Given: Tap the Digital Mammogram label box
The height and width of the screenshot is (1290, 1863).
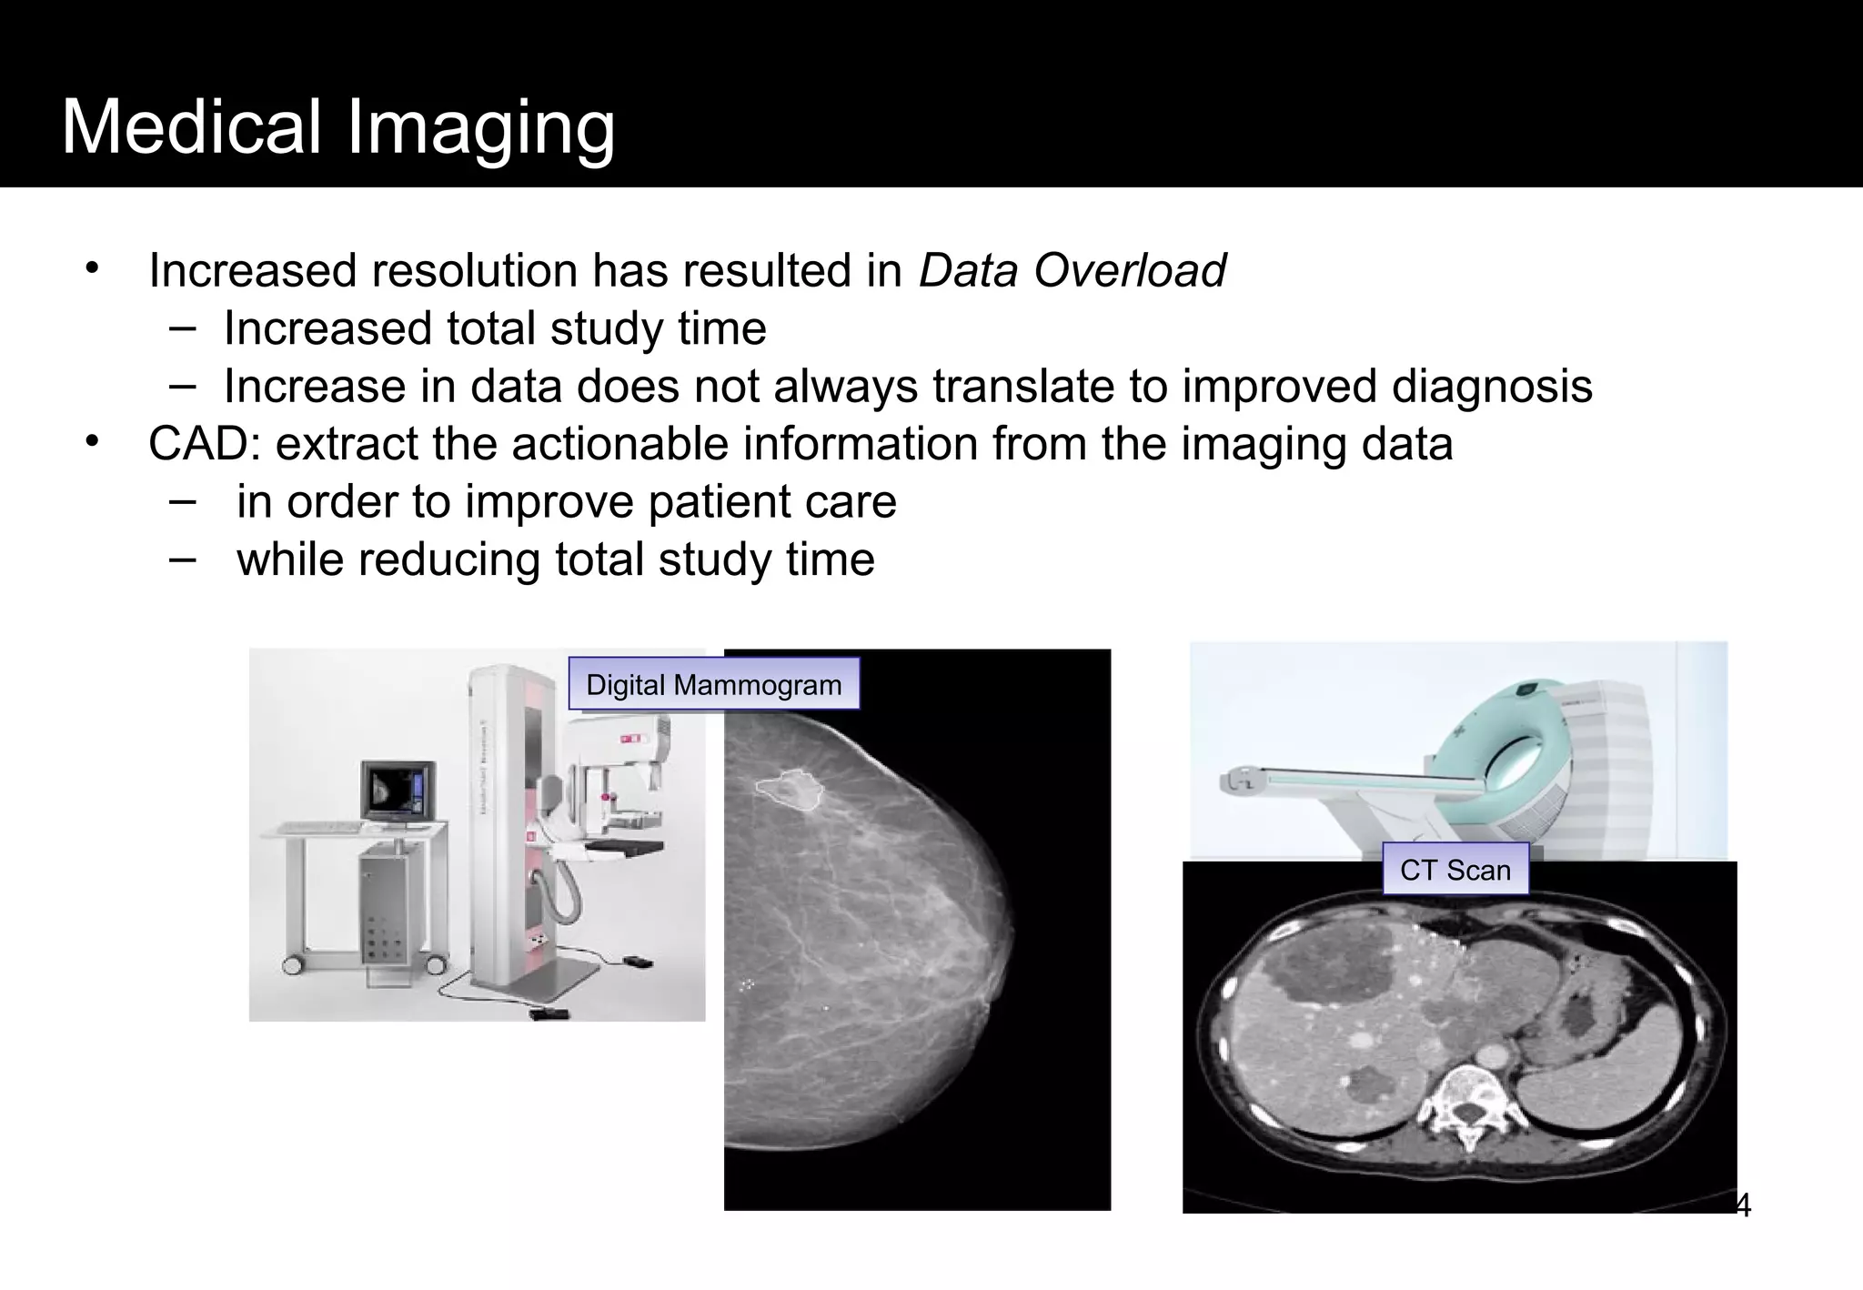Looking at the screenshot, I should [713, 684].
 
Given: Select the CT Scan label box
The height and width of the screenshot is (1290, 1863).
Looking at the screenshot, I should [1455, 870].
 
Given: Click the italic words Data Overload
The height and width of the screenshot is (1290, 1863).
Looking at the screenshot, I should [1072, 271].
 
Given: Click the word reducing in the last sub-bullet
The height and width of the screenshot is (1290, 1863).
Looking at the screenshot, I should [455, 559].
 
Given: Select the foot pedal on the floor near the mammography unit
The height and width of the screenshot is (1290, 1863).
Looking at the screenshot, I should [549, 1012].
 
